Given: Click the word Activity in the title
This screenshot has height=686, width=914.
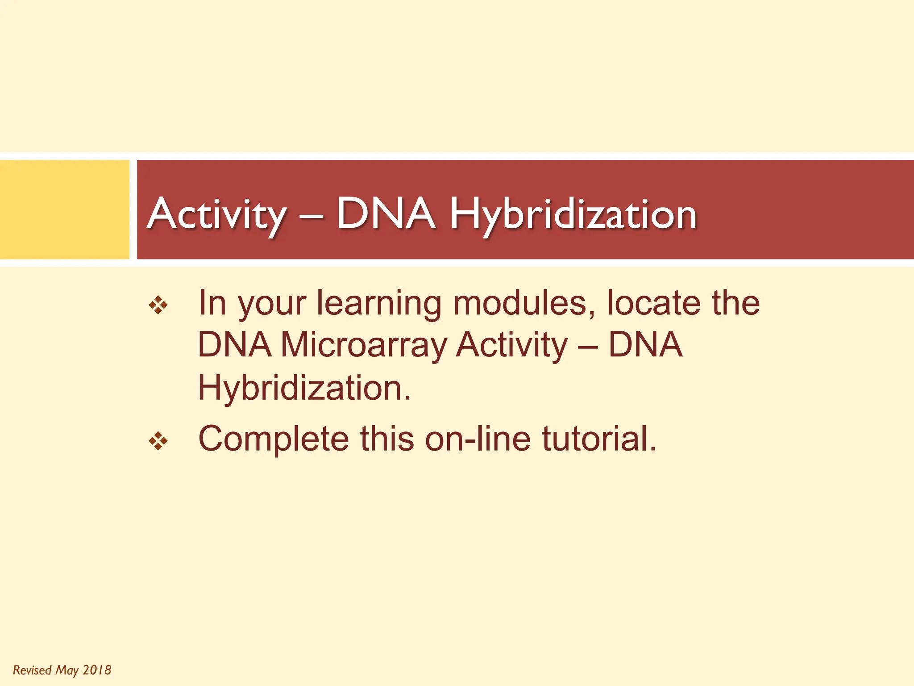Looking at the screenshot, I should point(216,214).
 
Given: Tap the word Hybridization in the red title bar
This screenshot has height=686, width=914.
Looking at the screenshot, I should point(573,214).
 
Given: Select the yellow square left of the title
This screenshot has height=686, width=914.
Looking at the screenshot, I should point(65,209).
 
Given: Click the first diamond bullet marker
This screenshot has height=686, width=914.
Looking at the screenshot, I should point(158,306).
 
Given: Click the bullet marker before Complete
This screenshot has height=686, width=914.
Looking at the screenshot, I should point(158,442).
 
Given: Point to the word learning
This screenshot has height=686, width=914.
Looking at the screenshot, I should point(379,304).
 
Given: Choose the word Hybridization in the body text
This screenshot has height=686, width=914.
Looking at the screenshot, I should point(304,387).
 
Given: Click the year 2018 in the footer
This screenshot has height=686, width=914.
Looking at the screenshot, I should point(97,670).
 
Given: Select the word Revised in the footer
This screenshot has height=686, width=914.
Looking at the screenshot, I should point(32,670).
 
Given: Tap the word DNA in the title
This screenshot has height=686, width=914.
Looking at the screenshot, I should point(386,214).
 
